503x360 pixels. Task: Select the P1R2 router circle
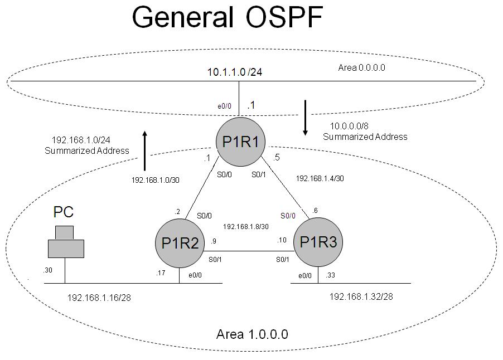178,242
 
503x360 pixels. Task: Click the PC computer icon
65,242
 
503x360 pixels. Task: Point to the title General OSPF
227,18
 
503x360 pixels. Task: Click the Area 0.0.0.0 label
362,67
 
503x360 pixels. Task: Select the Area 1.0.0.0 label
251,334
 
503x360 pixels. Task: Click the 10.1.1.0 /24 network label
235,72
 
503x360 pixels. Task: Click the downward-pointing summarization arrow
305,118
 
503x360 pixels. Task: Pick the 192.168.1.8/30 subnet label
246,227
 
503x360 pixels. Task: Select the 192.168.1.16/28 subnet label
99,298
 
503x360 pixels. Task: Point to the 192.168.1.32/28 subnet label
361,296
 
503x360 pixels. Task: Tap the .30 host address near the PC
48,270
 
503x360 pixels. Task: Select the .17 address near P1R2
161,273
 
